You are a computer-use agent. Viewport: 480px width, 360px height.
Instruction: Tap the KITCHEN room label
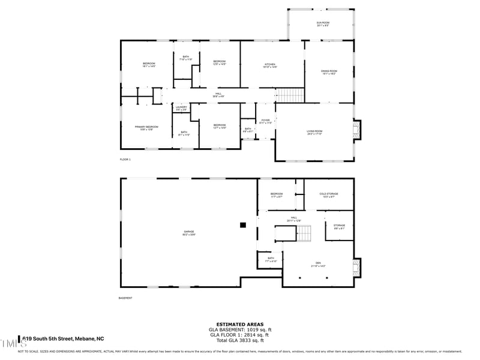coord(270,66)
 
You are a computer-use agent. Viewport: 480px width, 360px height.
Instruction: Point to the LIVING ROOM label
coord(314,133)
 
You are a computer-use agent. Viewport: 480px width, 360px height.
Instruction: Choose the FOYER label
coord(265,121)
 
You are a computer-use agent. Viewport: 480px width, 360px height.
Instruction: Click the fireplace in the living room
coord(358,130)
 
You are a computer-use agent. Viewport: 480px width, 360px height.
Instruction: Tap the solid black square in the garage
coord(243,225)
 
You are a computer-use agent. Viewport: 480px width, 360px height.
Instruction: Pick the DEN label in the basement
coord(318,265)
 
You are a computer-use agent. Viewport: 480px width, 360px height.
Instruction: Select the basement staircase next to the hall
coord(304,233)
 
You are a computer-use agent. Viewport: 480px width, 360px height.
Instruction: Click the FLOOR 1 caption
coord(125,160)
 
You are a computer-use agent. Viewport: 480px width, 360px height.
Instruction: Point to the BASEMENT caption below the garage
coord(125,298)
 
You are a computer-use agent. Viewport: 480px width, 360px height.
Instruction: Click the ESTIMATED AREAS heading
coord(240,324)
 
